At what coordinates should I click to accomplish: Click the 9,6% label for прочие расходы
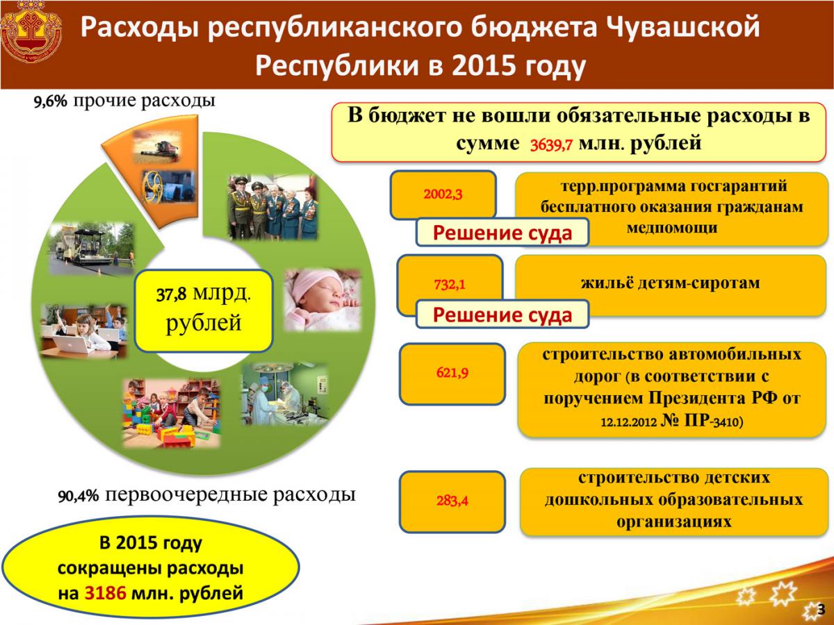point(50,101)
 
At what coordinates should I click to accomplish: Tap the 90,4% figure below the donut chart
point(79,496)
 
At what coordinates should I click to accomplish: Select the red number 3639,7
point(551,145)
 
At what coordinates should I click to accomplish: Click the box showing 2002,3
point(443,194)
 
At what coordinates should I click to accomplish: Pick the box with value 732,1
point(450,285)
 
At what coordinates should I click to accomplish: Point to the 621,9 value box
point(452,374)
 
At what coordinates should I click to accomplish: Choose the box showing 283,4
point(452,501)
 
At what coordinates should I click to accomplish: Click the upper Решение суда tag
point(502,232)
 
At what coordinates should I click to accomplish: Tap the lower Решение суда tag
point(502,315)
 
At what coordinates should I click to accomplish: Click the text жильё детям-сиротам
point(670,283)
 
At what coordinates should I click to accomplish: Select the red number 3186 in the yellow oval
point(105,592)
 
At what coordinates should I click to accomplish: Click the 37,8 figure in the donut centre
point(172,294)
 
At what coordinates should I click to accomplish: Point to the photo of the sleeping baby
point(322,300)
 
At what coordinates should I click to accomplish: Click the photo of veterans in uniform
point(272,207)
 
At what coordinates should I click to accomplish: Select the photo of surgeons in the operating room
point(285,394)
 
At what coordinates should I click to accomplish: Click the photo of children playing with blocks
point(172,413)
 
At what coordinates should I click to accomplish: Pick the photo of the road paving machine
point(92,249)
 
